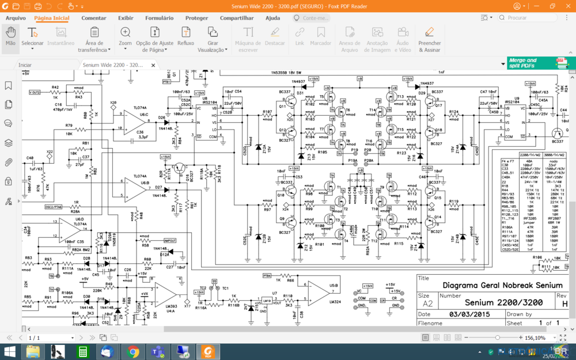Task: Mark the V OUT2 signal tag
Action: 35,92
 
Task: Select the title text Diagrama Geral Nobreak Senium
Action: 502,285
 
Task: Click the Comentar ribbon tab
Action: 93,18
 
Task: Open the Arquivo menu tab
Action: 16,18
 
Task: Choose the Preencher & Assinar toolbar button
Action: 429,39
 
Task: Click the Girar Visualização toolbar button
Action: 213,39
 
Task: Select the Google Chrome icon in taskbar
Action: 133,351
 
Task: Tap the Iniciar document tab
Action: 25,65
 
